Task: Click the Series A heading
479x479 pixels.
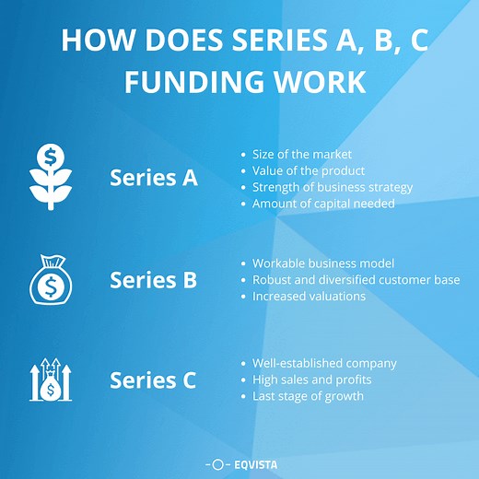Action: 153,178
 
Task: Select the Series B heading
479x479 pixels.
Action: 153,279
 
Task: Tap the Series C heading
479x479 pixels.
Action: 153,380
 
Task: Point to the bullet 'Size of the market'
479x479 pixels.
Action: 302,154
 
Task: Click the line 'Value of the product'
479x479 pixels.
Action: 309,170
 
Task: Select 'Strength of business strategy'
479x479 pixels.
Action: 333,187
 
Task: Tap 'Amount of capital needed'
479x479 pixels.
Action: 323,204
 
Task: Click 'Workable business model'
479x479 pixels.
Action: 322,263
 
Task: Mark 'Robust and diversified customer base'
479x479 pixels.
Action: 356,280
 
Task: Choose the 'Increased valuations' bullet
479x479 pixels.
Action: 309,297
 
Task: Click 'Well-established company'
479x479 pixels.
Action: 324,363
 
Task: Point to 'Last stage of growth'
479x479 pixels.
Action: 308,396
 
